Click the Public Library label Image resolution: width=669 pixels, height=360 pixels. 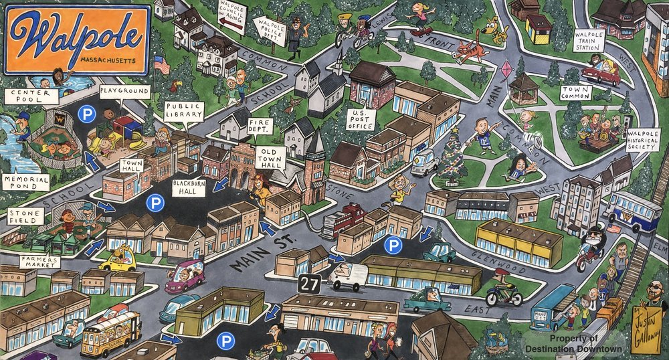click(184, 111)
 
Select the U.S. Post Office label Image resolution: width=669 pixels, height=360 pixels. click(361, 118)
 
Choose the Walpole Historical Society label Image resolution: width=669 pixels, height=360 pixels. click(644, 141)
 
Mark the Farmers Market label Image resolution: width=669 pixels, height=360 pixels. click(39, 261)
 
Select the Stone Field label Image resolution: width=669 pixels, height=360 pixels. click(25, 217)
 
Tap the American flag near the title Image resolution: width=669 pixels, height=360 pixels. click(161, 65)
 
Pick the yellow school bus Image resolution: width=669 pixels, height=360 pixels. click(110, 331)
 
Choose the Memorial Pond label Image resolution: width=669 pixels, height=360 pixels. click(27, 182)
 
